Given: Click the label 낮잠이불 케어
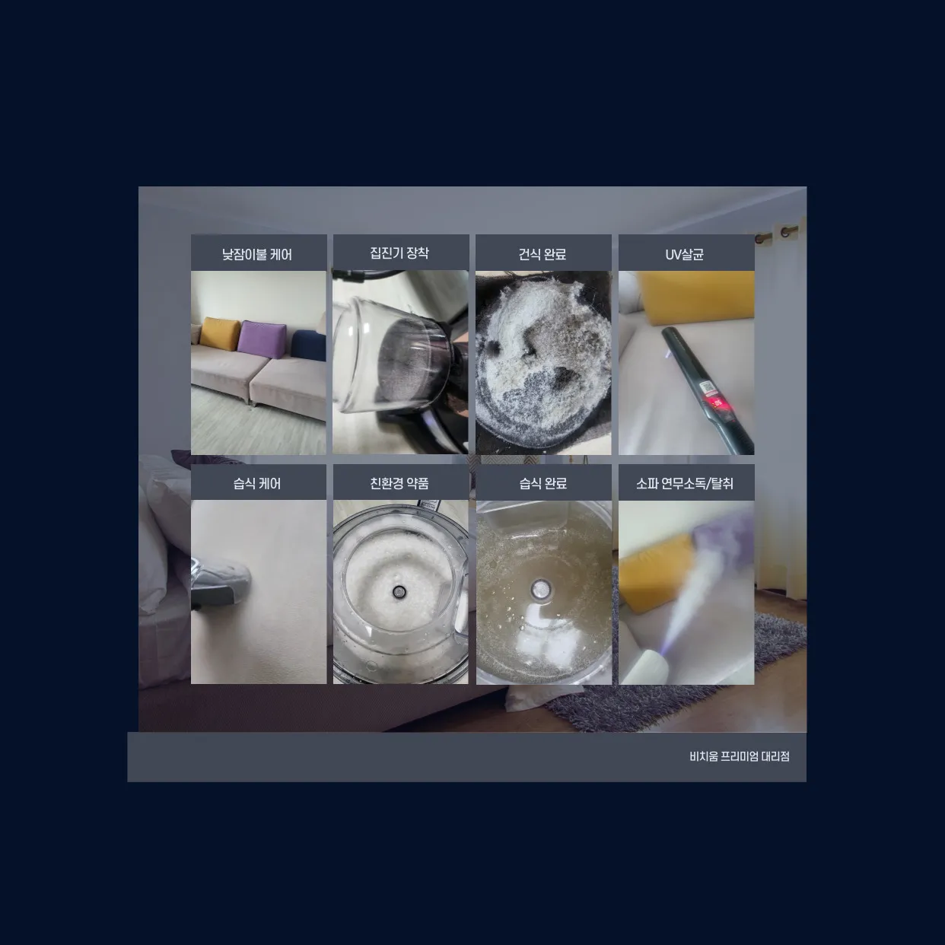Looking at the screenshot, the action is [x=257, y=255].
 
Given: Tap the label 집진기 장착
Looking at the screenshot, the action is [x=399, y=253].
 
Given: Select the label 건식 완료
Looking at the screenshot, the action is [x=542, y=254].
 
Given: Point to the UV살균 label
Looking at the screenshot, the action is [x=685, y=254].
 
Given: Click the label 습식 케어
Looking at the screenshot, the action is [x=257, y=484].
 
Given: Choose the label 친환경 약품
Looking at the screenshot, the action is [x=399, y=484].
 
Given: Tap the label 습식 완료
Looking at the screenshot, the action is [x=542, y=484].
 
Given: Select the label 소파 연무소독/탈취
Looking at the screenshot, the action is [x=685, y=484].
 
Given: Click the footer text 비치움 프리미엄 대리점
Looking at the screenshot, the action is [x=739, y=756].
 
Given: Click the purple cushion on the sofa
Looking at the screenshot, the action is [x=262, y=339].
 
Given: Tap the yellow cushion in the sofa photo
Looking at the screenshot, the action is [x=220, y=333].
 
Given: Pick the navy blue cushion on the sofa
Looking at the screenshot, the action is [x=309, y=345].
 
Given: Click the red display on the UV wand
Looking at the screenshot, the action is [x=717, y=403].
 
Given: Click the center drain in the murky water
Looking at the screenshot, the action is [x=541, y=588].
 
